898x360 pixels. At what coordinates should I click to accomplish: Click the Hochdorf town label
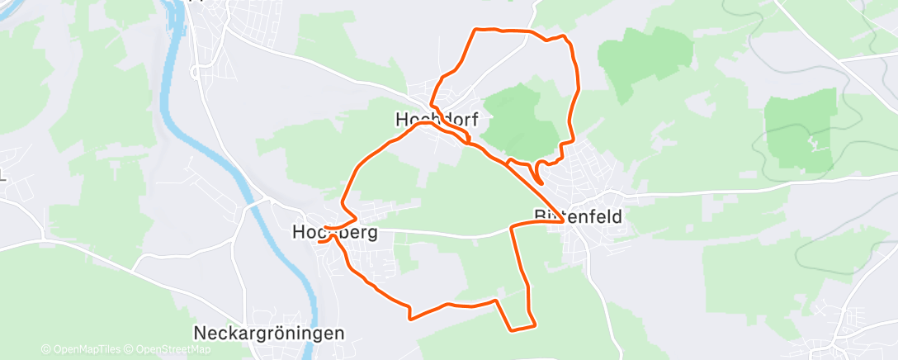tap(437, 121)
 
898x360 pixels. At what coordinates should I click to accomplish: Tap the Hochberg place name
tap(334, 233)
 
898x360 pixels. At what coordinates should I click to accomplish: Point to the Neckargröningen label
tap(268, 334)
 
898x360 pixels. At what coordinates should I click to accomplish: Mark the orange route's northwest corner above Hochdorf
tap(475, 30)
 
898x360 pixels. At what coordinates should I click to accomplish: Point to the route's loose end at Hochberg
tap(319, 241)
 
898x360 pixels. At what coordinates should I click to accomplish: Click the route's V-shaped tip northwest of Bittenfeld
tap(541, 182)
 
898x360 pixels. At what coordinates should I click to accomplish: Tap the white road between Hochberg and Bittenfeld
tap(446, 235)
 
